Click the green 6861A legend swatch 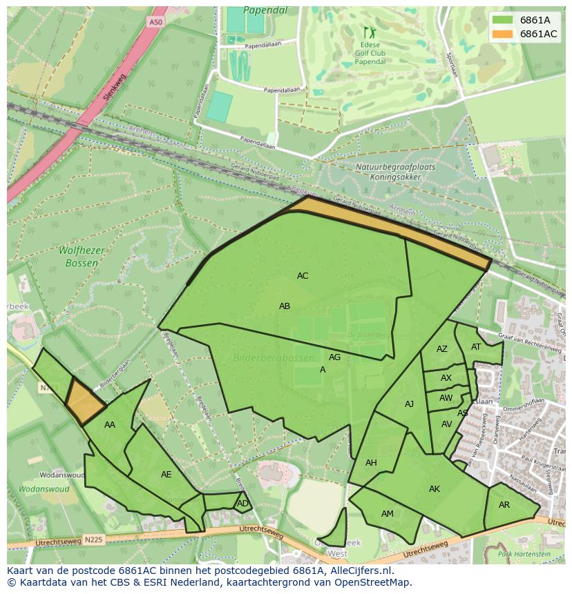(502, 20)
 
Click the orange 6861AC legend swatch (502, 34)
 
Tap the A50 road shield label (156, 23)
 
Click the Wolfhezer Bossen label (82, 257)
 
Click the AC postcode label (303, 276)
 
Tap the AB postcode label (285, 306)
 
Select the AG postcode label (334, 357)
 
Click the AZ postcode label (442, 349)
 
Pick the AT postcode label (476, 347)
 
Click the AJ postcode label (409, 404)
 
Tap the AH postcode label (371, 463)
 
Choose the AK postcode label (434, 489)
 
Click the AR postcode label (504, 505)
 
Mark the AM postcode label (388, 514)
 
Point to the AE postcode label (166, 475)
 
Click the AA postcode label (110, 425)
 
